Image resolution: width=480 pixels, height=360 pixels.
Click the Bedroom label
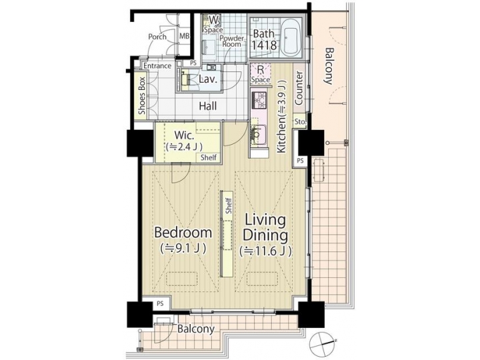point(183,233)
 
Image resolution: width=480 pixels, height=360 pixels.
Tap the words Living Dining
point(265,227)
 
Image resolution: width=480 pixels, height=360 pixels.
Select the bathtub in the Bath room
point(291,38)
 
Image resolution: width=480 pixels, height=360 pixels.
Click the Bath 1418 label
point(263,39)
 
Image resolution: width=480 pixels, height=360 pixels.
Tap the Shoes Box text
point(141,97)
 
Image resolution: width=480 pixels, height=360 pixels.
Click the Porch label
point(157,37)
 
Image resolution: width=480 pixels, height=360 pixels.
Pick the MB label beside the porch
point(185,37)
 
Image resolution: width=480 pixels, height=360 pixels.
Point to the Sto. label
point(299,122)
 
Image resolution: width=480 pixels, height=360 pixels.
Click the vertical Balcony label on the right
point(328,66)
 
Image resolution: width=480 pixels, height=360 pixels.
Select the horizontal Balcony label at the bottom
point(196,329)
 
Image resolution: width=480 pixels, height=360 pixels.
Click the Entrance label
point(157,65)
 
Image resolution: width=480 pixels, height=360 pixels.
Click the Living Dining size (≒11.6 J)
point(265,251)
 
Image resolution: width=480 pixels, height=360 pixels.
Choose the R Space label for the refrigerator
point(260,73)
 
